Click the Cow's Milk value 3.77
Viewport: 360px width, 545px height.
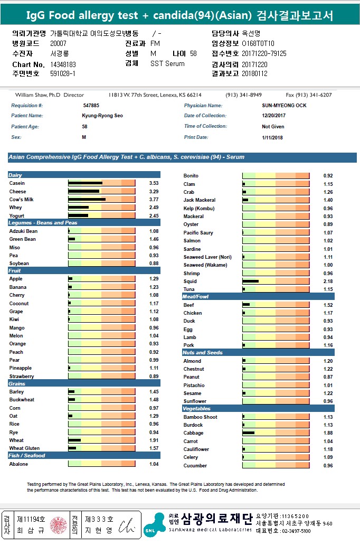[147, 200]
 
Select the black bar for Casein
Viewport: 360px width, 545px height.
[85, 183]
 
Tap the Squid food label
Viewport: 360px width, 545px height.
[190, 281]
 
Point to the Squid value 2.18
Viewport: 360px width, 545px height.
[328, 281]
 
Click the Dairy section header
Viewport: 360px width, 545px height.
[15, 175]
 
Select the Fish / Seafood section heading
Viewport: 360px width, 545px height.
[27, 456]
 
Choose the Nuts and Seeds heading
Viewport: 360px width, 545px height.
[202, 353]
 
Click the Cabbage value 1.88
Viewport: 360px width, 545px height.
[328, 433]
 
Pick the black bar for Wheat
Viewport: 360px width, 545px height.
[74, 440]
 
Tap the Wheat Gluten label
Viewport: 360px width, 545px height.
[24, 448]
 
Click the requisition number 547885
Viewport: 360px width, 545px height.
[91, 106]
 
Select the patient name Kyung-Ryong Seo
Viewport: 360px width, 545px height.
[102, 116]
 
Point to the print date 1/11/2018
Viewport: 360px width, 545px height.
[272, 137]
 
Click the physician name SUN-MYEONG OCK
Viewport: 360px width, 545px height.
[284, 106]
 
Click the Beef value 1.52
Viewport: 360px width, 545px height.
[328, 305]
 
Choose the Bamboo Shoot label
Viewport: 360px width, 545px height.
[200, 417]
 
